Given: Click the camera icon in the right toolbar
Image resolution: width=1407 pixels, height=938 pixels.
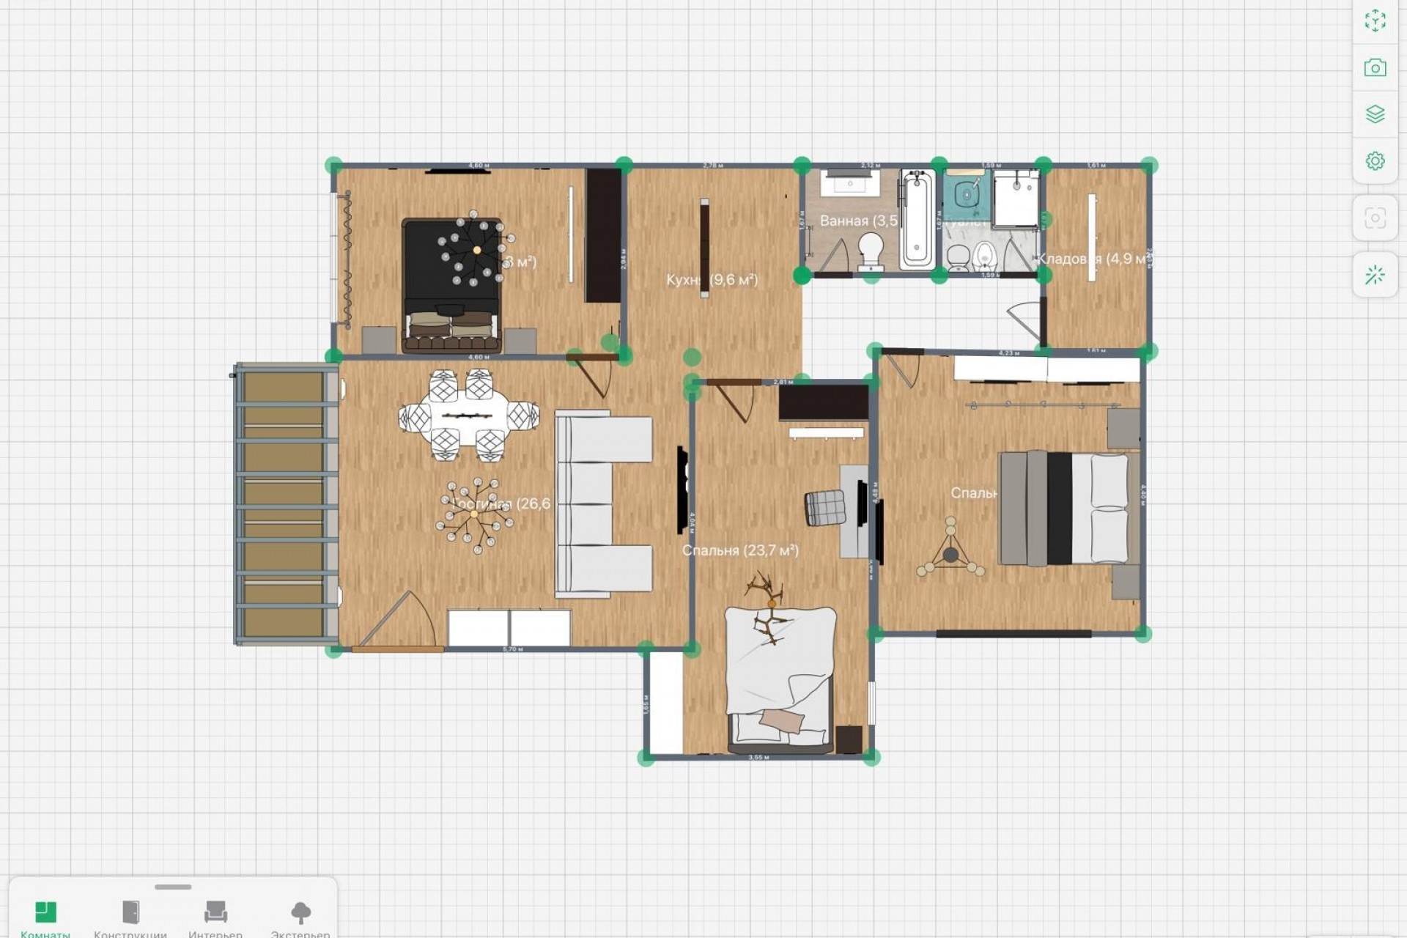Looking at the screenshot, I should point(1375,68).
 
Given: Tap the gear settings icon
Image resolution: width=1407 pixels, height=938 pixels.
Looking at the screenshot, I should point(1375,160).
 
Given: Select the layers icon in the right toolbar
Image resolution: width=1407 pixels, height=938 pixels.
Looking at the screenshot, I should point(1375,114).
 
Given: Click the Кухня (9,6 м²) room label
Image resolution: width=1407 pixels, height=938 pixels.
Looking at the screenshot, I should point(712,280).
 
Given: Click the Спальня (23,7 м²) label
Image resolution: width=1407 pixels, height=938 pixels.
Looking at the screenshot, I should point(740,550).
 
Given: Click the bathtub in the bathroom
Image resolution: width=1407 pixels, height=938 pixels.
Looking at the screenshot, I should point(917,218).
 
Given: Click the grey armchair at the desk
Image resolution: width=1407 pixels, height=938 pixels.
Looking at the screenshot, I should point(825,507).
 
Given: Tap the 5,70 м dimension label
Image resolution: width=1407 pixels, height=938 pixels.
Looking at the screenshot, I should point(513,649).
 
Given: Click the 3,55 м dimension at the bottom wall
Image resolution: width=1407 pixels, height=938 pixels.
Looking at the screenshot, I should point(758,757).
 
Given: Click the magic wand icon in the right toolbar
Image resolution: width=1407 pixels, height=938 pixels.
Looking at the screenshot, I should point(1375,276).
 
